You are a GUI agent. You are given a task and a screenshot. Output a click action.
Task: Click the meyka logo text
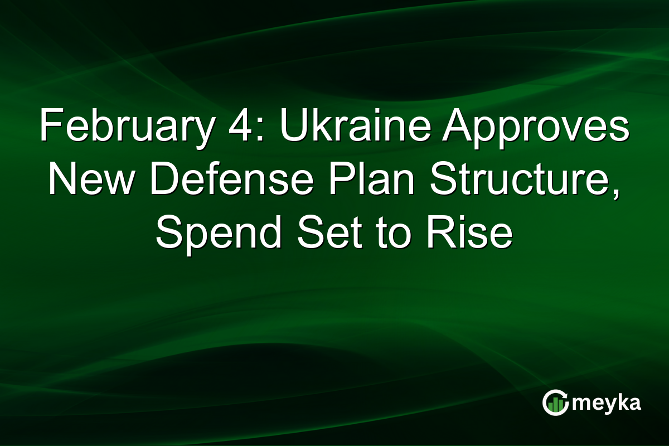click(x=606, y=403)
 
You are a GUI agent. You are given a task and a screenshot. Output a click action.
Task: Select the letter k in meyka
click(x=620, y=402)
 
